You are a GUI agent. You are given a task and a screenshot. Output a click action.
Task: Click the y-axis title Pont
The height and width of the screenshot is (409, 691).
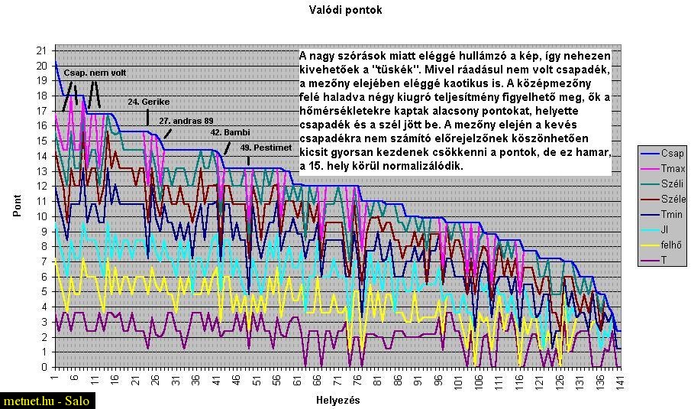click(x=17, y=208)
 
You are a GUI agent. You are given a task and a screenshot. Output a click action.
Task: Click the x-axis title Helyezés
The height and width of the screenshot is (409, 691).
click(x=337, y=400)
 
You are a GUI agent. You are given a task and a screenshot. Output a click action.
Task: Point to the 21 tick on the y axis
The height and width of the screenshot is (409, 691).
click(x=42, y=50)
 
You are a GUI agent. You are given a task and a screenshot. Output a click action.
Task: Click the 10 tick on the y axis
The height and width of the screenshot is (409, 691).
click(x=42, y=216)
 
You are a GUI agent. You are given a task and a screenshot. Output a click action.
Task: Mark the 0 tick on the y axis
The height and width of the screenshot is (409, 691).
click(x=44, y=367)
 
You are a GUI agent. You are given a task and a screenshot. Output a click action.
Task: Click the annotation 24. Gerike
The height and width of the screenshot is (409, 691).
click(x=149, y=101)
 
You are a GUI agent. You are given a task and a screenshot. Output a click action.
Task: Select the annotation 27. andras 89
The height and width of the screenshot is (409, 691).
click(x=186, y=121)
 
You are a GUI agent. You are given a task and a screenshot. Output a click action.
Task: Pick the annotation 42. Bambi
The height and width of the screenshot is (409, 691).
click(x=231, y=131)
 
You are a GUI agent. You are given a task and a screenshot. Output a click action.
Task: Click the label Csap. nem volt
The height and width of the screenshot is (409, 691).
click(x=95, y=73)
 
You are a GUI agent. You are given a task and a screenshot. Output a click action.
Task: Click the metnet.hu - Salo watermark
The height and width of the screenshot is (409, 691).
click(x=47, y=401)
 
